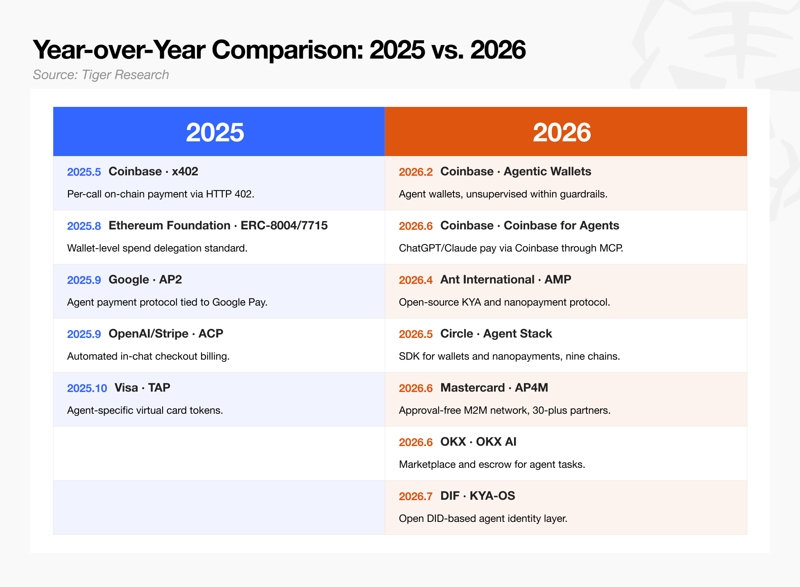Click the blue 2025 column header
219,131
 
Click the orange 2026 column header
566,131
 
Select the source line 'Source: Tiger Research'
101,75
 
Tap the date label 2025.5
84,172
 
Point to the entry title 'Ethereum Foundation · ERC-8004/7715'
218,226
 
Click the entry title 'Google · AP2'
145,280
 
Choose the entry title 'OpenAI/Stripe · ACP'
166,334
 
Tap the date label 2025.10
87,388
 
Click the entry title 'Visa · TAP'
142,388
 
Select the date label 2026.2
416,172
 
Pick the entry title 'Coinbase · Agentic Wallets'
516,172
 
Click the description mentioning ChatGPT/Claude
511,248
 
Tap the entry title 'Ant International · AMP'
505,280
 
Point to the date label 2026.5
416,334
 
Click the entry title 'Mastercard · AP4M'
494,388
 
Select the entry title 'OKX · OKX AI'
478,442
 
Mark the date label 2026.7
416,496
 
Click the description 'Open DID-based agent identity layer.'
483,519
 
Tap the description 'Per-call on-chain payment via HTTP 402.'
161,194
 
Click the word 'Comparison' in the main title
287,50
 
